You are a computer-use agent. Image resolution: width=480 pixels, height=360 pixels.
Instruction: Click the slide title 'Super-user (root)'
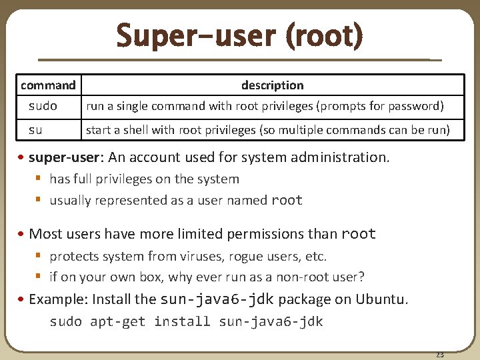click(239, 35)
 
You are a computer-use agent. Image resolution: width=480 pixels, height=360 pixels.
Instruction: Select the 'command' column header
click(48, 85)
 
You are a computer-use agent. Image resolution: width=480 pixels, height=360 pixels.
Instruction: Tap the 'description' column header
click(272, 85)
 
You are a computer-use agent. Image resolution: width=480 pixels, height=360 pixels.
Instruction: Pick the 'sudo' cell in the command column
click(43, 106)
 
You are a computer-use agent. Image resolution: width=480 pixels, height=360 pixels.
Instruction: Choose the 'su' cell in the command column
click(35, 129)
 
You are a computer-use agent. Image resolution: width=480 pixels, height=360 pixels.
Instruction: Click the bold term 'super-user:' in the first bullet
click(63, 158)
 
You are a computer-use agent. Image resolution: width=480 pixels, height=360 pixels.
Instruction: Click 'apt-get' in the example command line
click(117, 321)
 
